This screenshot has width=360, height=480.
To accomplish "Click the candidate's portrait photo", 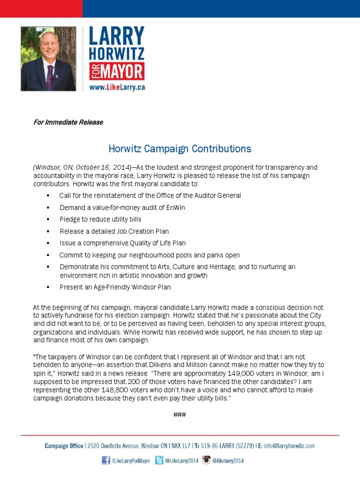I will coord(48,59).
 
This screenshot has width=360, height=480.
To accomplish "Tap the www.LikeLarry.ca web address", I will coord(117,88).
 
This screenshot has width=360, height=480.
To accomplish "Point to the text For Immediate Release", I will coord(68,122).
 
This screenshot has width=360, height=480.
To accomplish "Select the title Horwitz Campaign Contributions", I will coord(180,149).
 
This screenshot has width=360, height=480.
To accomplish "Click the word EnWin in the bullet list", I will coord(177,207).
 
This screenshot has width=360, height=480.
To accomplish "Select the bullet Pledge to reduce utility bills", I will coord(100,219).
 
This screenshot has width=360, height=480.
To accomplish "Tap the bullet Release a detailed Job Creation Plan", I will coord(114,232).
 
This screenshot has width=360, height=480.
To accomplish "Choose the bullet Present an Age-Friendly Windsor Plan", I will coord(115,287).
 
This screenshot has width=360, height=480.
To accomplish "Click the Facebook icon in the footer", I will coord(106,461).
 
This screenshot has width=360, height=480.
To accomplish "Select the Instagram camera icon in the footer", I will coord(207,461).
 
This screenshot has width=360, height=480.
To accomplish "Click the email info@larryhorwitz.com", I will coord(289,446).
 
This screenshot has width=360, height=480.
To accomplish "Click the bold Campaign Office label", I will coord(64,446).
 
